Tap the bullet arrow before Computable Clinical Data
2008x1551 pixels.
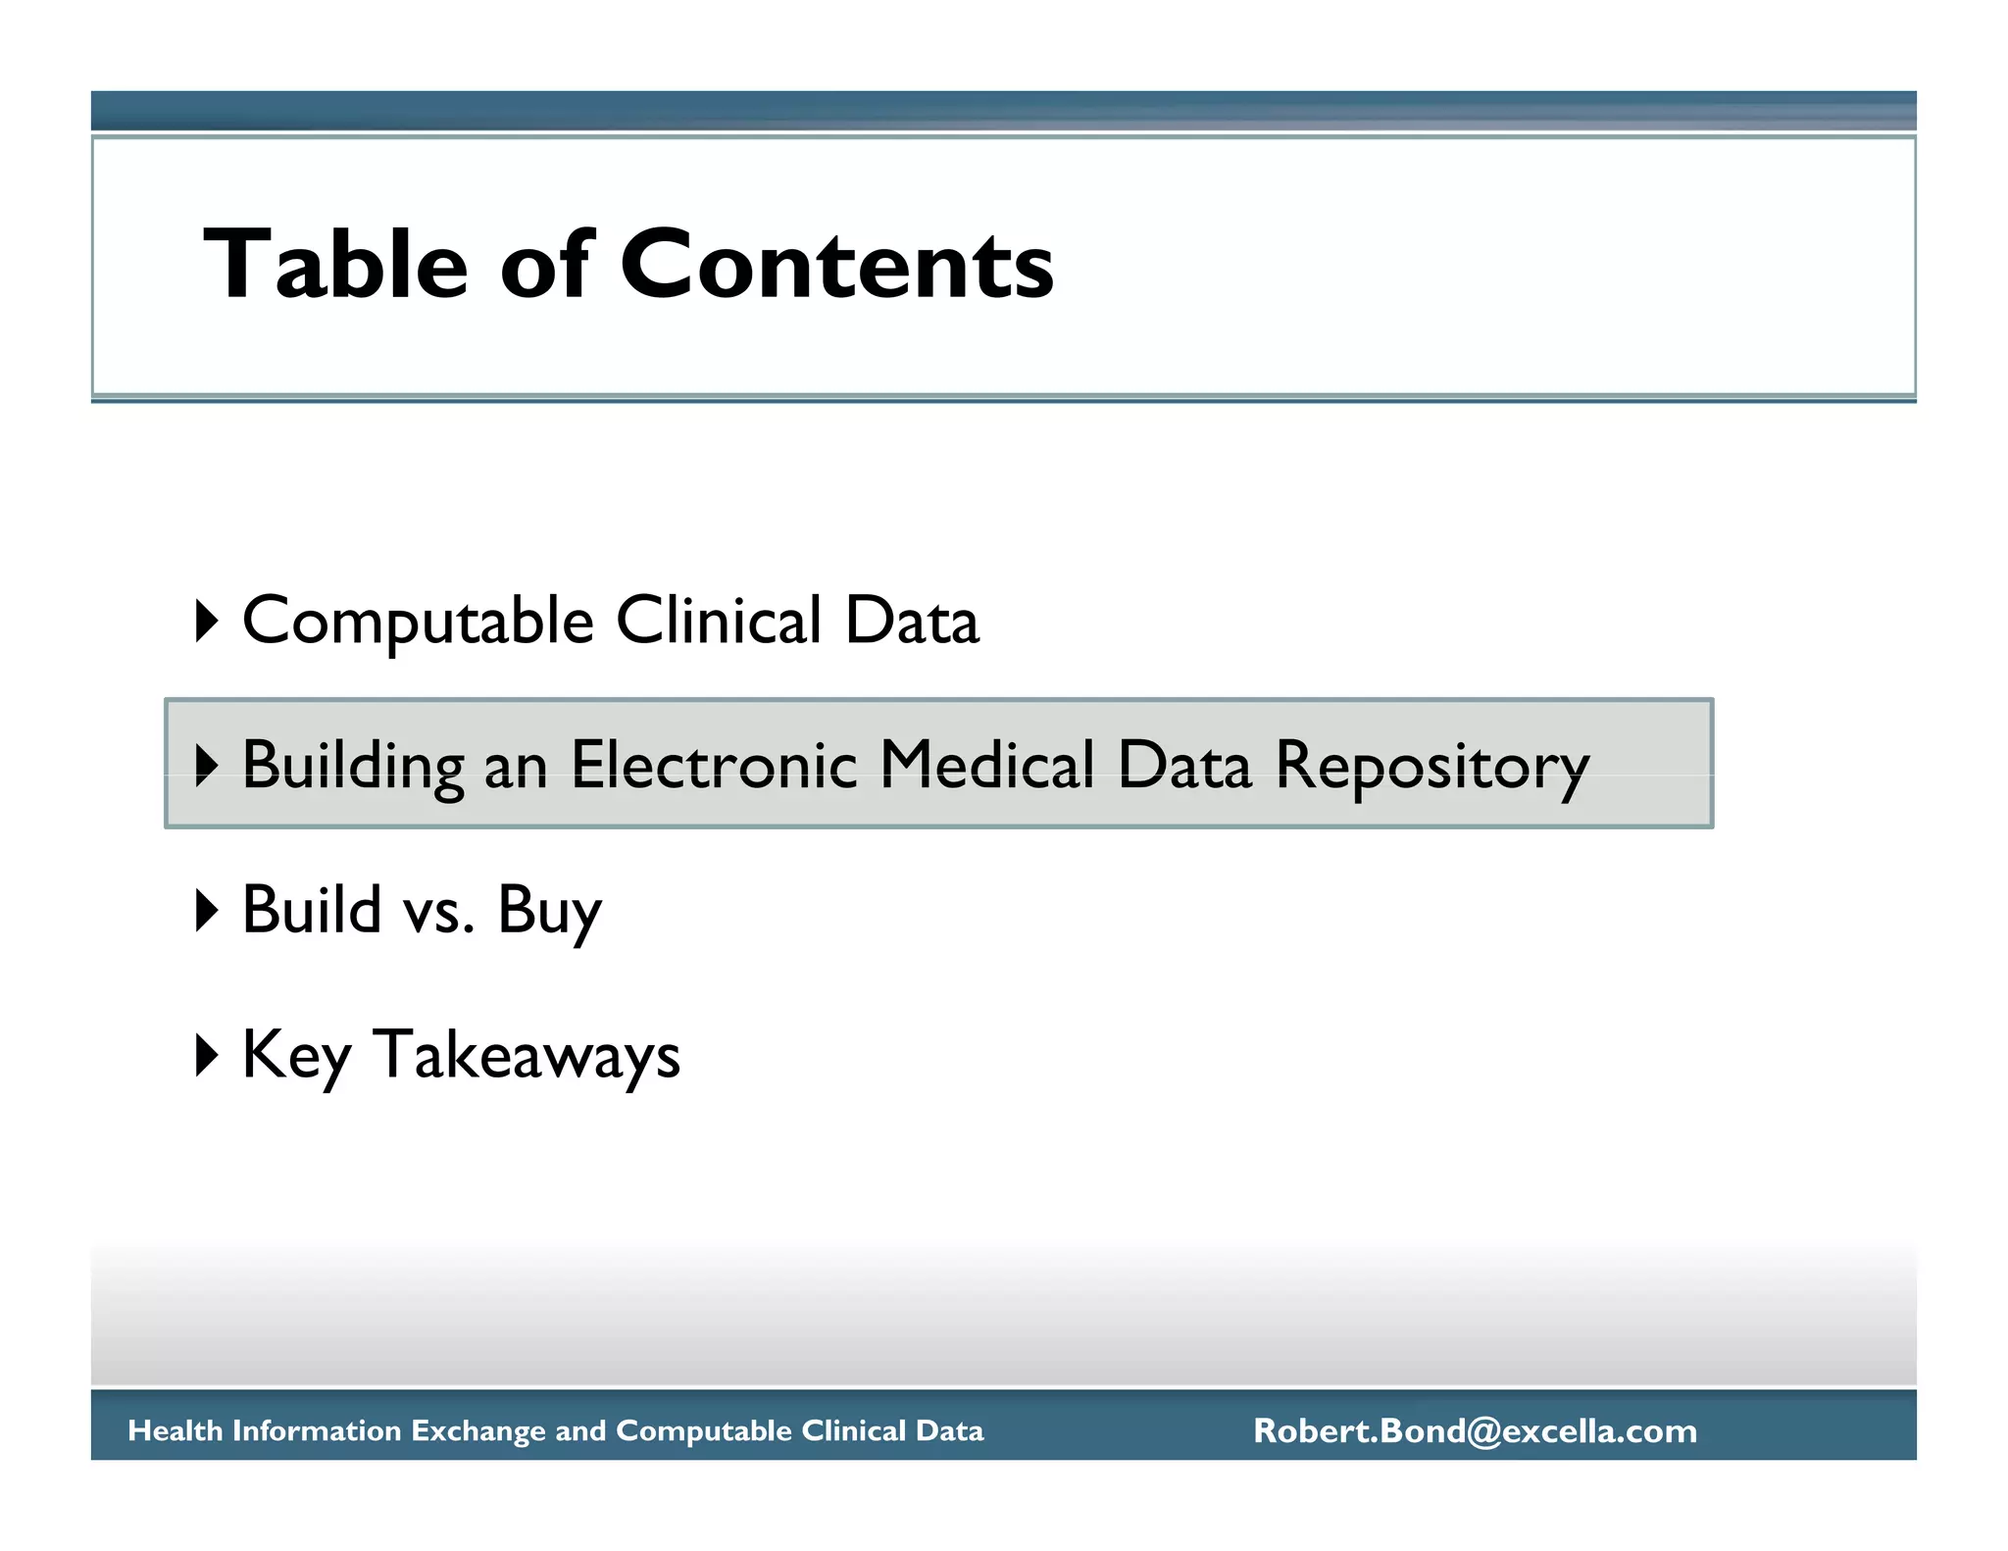click(x=206, y=621)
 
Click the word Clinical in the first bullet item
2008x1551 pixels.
click(x=718, y=621)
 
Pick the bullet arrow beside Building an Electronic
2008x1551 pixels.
click(x=206, y=765)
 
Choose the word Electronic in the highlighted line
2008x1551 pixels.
click(x=714, y=765)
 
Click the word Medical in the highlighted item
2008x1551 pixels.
click(x=986, y=765)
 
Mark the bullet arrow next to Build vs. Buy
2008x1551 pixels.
click(x=206, y=910)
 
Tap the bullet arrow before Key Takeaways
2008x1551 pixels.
click(x=206, y=1055)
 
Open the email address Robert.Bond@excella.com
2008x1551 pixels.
click(x=1475, y=1430)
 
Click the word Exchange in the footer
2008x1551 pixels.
click(x=477, y=1431)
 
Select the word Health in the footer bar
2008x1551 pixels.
click(x=176, y=1430)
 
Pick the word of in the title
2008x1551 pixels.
click(x=546, y=264)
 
